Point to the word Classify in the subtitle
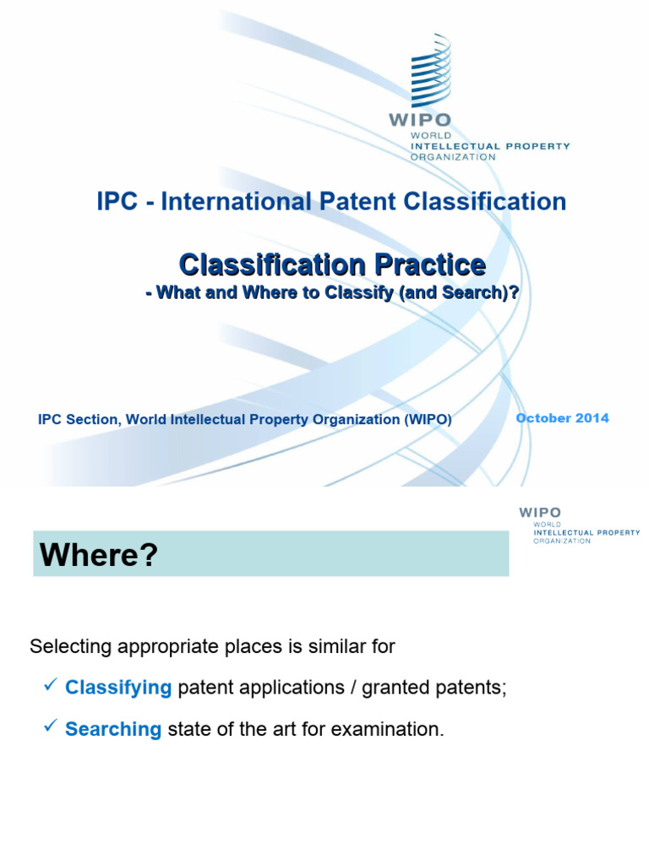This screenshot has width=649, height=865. tap(352, 291)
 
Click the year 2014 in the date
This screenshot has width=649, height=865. tap(594, 418)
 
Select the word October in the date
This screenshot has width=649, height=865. tap(545, 418)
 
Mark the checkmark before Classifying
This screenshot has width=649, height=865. tap(50, 686)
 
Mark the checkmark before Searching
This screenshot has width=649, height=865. tap(50, 727)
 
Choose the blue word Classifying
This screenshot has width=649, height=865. tap(118, 688)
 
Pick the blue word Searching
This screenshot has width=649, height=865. tap(113, 730)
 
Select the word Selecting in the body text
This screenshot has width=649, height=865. tap(67, 647)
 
